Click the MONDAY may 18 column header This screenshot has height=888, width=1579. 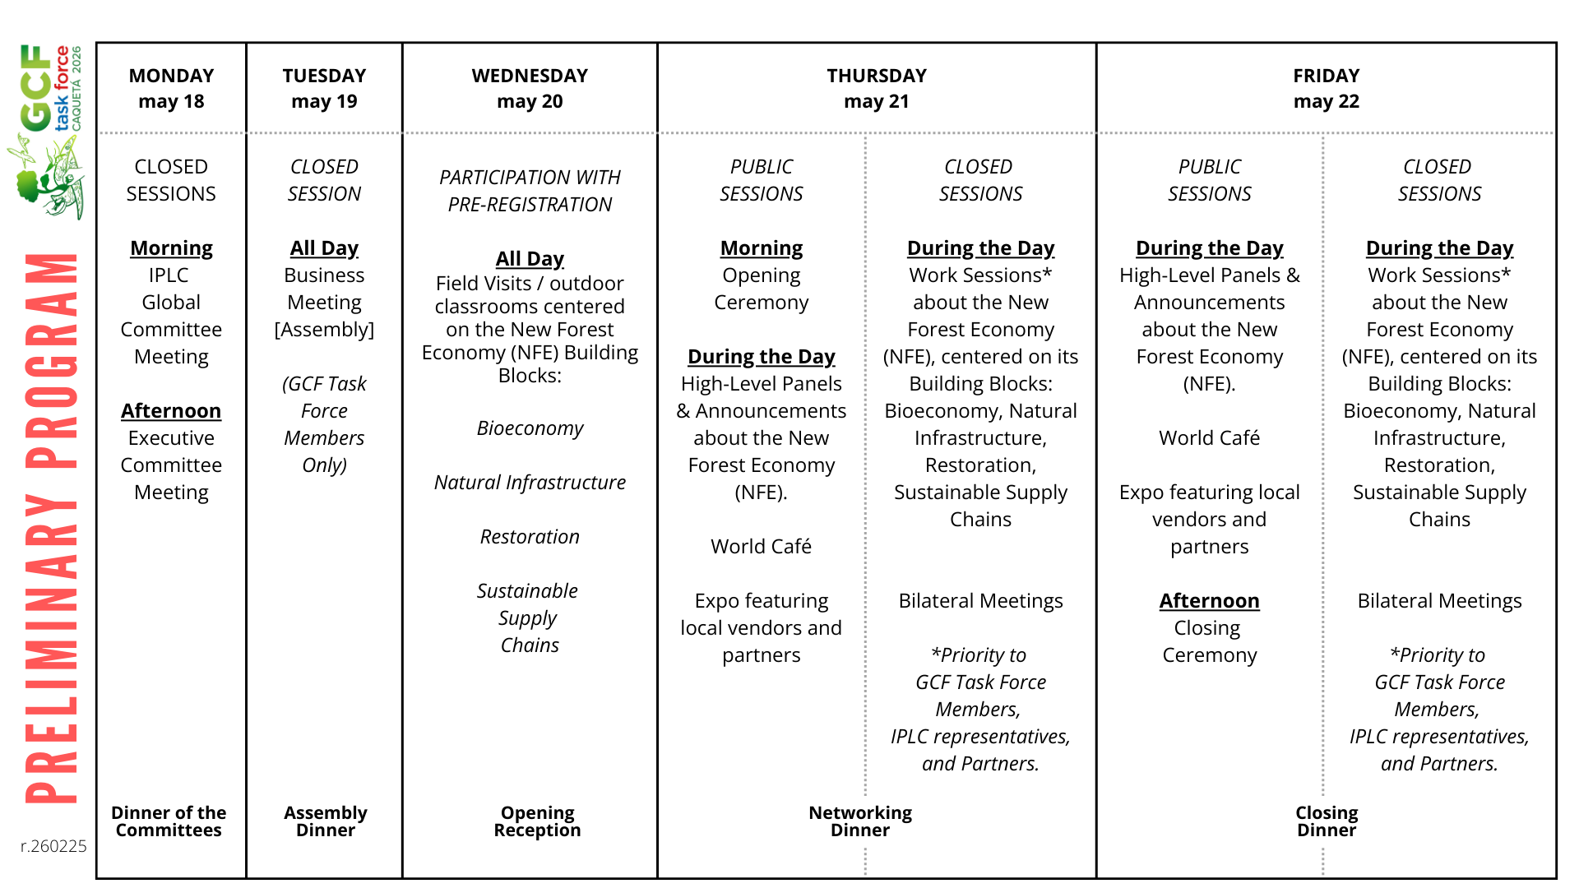171,88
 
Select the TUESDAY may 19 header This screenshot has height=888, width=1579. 324,88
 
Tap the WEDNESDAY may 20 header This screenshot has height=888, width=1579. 530,88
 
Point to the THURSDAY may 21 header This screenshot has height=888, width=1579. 877,88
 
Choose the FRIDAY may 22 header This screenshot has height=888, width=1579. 1326,88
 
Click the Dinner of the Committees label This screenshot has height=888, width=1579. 169,821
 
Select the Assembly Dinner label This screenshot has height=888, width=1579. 326,821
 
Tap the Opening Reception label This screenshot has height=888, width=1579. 537,821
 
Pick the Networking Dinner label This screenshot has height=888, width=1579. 860,821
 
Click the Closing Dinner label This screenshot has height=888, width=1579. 1327,821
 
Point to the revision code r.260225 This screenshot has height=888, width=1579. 53,846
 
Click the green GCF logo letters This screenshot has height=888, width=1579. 36,88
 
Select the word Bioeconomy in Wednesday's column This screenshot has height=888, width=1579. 530,428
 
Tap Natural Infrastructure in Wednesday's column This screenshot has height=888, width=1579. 530,483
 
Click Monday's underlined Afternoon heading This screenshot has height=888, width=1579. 171,410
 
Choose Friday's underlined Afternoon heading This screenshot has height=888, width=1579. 1209,601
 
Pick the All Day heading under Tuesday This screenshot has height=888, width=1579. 324,248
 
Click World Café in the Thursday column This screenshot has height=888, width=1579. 761,547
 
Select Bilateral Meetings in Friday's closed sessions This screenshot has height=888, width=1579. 1439,601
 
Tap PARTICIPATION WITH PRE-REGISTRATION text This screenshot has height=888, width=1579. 530,191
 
